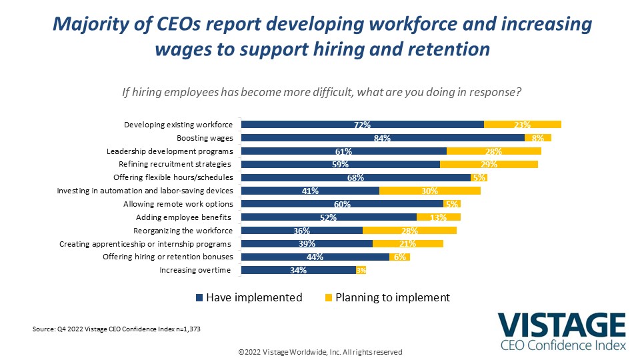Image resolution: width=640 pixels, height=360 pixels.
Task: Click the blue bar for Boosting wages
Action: tap(383, 138)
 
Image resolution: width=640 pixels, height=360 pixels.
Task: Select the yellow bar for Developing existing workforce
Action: tap(523, 125)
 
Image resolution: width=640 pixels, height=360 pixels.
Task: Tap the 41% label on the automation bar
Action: tap(310, 191)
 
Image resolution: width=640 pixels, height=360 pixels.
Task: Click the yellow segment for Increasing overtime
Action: tap(361, 270)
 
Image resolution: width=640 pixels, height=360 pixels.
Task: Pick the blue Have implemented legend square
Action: tap(199, 297)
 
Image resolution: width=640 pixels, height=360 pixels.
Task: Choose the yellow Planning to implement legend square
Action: tap(329, 297)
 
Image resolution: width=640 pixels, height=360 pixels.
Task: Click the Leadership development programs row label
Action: tap(170, 151)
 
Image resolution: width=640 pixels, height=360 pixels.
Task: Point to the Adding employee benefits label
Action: tap(183, 217)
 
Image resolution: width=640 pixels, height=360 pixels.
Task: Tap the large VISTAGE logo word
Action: tap(561, 325)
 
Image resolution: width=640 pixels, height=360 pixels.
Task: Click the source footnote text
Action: tap(116, 329)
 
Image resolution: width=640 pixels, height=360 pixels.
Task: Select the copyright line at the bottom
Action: tap(321, 352)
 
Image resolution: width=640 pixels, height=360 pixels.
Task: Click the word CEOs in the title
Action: tap(179, 24)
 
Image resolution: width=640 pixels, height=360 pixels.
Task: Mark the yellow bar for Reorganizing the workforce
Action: tap(409, 231)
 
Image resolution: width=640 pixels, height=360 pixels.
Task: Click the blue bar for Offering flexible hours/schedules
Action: tap(356, 177)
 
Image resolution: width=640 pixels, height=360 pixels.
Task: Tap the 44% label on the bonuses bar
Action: tap(315, 257)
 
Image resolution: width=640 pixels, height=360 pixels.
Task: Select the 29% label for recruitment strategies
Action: tap(489, 164)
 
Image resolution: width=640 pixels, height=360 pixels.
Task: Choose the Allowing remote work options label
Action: tap(179, 204)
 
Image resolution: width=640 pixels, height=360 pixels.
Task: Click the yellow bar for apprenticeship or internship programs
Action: tap(408, 244)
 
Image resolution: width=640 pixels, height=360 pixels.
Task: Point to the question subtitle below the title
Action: tap(321, 92)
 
